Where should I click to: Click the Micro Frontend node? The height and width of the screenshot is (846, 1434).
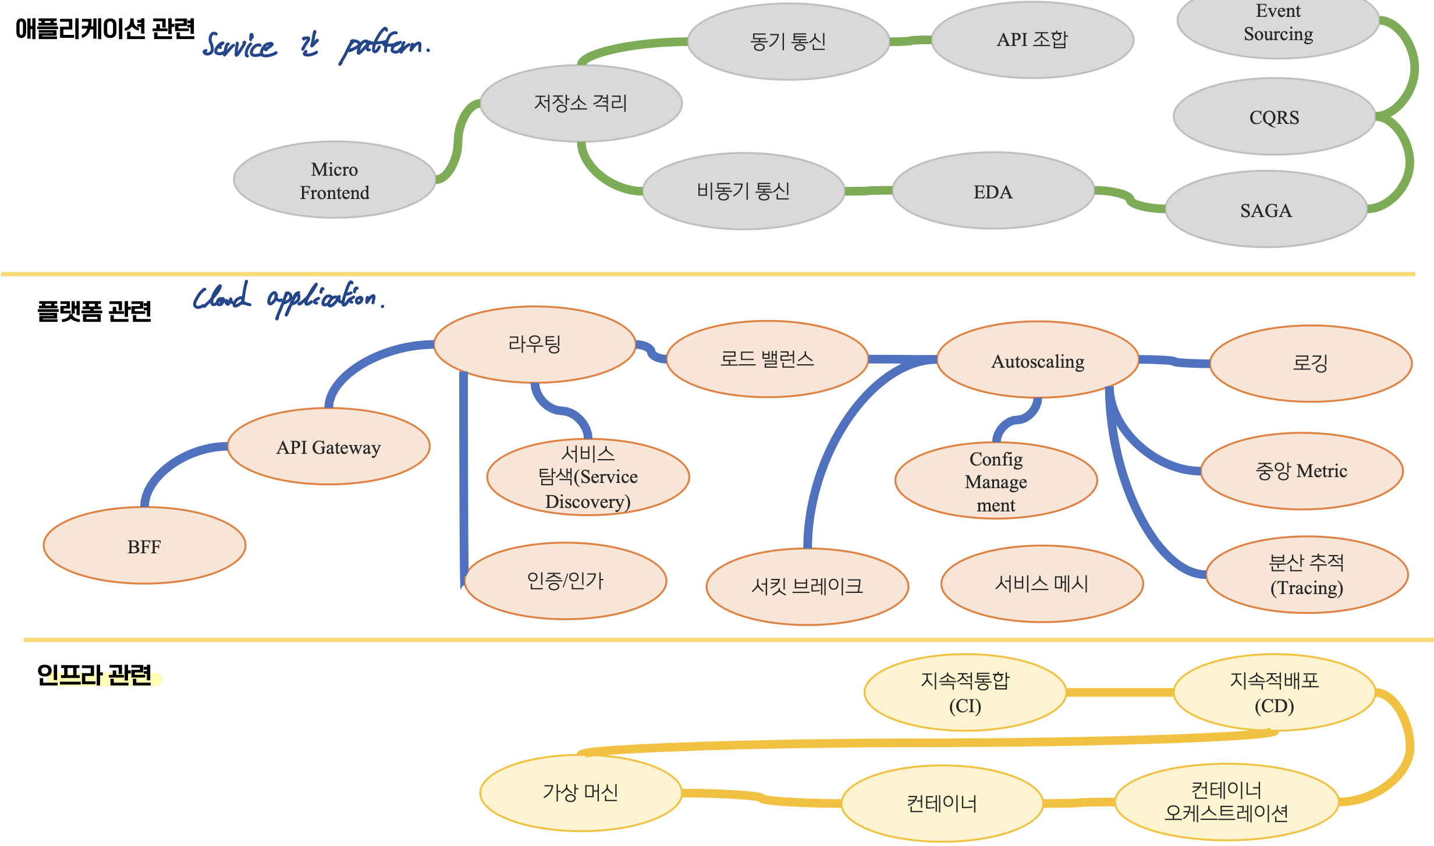[335, 180]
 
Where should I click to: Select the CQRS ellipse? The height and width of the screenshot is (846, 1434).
[1274, 117]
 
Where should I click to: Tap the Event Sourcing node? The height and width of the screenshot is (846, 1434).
[1278, 23]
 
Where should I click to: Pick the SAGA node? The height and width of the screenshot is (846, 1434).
[1266, 210]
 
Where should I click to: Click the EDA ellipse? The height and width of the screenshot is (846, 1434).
[993, 191]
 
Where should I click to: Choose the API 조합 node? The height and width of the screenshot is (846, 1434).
[1032, 40]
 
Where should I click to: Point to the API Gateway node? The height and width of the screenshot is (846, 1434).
[329, 447]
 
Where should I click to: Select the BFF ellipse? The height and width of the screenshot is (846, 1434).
[144, 546]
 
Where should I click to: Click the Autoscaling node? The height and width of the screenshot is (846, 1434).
[1038, 361]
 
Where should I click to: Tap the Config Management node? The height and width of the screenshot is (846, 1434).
[996, 481]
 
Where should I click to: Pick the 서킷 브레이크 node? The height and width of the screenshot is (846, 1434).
[807, 586]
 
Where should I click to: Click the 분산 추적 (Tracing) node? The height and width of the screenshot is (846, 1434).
[1307, 575]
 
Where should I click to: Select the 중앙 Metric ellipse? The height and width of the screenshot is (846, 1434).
[1301, 471]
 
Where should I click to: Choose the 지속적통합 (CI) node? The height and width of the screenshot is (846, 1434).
[965, 692]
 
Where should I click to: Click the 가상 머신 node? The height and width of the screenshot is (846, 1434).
[580, 792]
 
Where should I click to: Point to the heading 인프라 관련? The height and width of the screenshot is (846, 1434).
[94, 675]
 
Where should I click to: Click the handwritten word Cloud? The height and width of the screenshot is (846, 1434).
[222, 297]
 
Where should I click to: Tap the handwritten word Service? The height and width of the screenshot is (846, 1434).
[239, 45]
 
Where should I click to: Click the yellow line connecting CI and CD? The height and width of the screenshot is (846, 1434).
[1120, 692]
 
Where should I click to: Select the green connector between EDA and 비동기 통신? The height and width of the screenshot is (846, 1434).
[868, 191]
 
